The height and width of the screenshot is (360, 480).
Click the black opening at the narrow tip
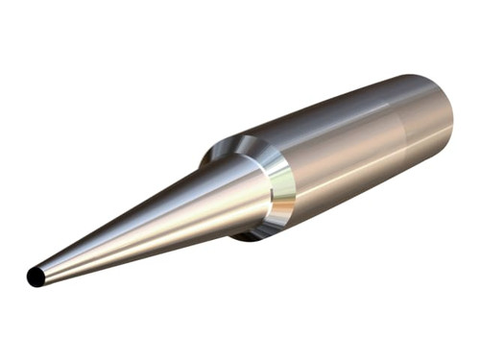click(x=35, y=277)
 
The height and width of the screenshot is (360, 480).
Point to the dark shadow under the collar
click(x=252, y=233)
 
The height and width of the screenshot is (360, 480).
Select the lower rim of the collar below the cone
click(x=264, y=228)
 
